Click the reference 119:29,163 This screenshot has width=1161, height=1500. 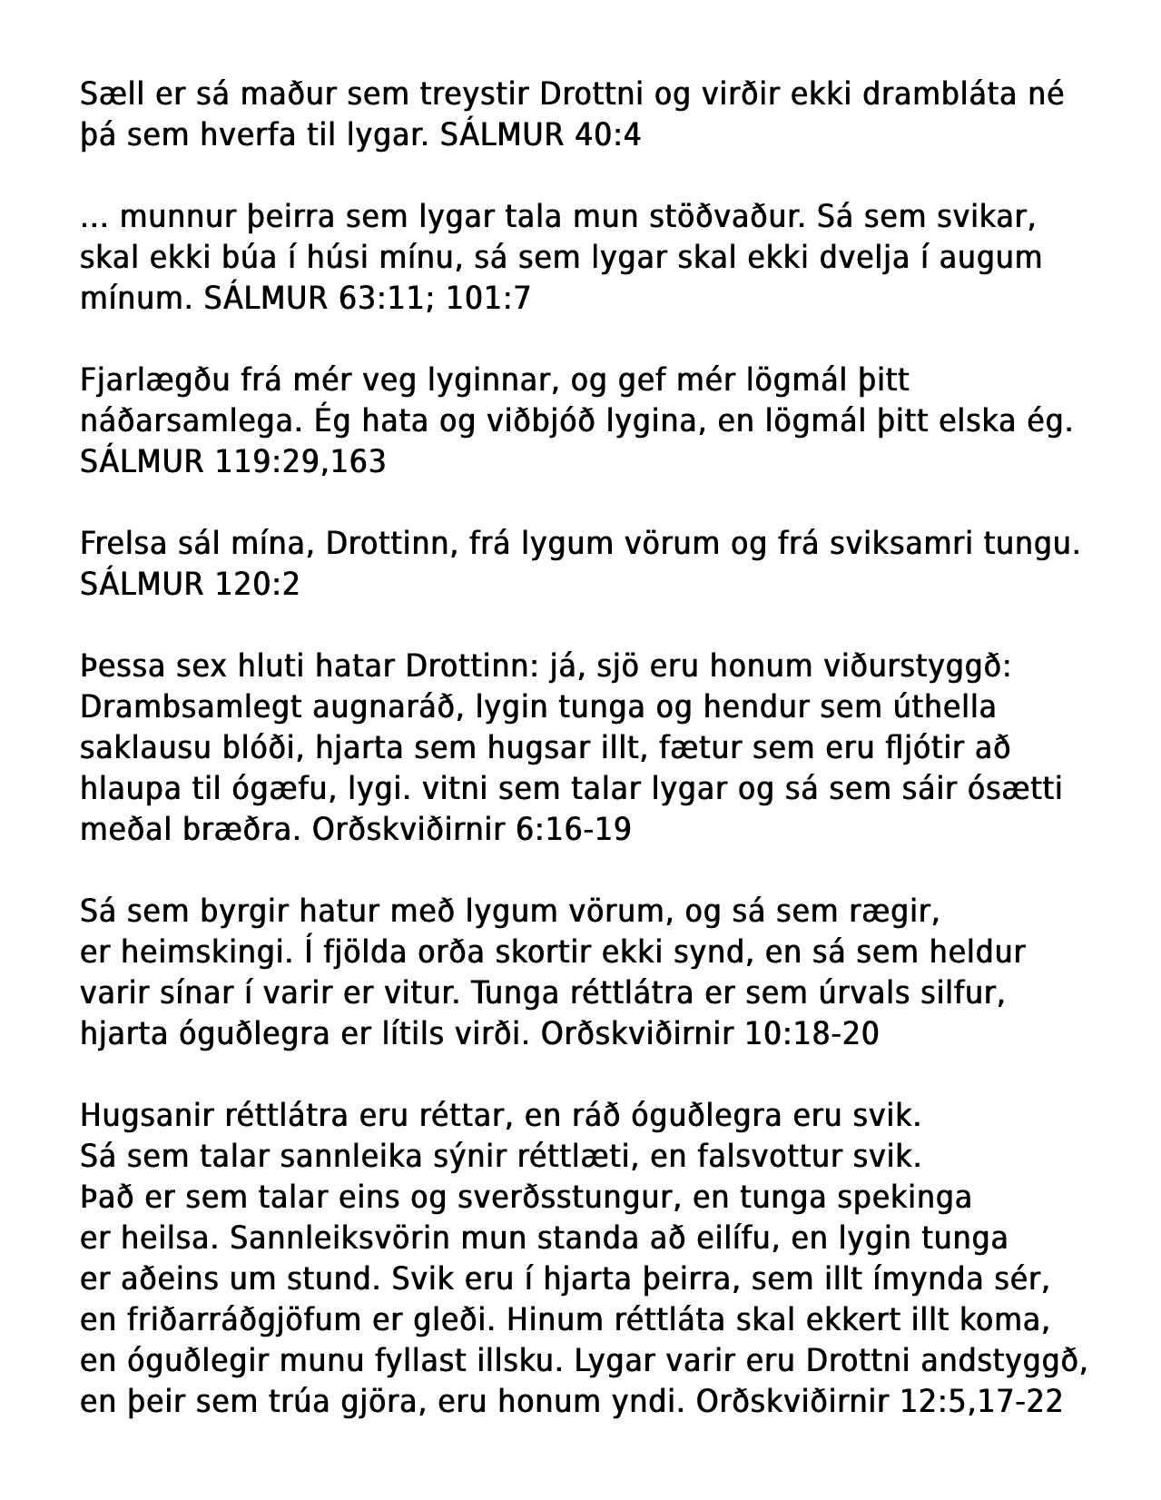300,461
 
